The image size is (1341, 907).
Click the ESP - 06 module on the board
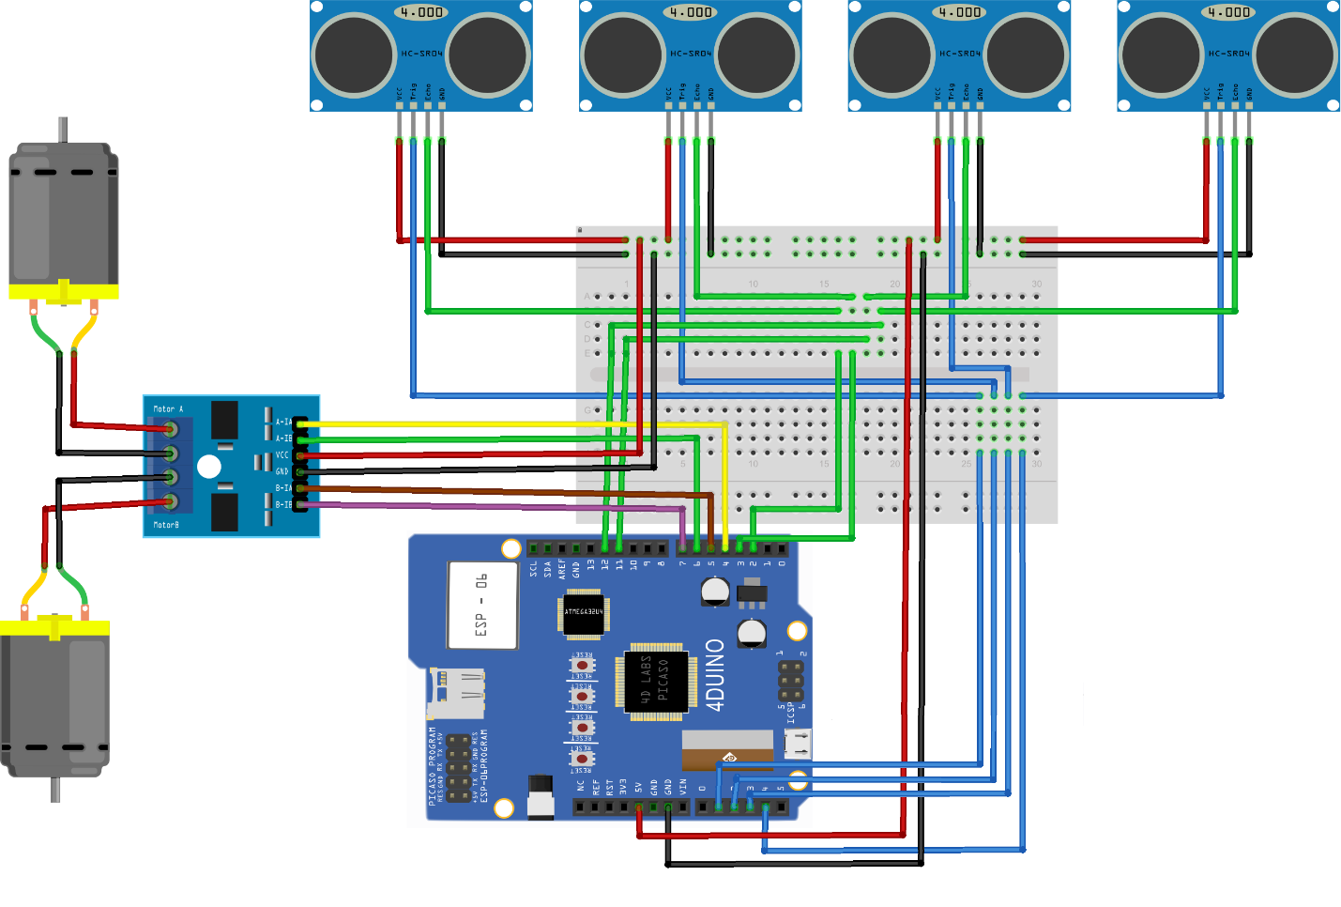click(482, 605)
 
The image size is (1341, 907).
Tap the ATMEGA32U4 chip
click(584, 614)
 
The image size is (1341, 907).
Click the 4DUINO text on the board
click(715, 674)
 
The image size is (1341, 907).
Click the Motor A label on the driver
click(168, 409)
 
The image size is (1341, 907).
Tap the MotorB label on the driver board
click(166, 525)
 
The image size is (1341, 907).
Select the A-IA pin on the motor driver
click(300, 423)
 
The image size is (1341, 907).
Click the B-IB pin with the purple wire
click(300, 505)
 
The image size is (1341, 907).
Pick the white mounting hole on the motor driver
click(209, 467)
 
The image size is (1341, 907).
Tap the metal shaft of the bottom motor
click(55, 789)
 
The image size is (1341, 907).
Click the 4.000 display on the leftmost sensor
click(421, 12)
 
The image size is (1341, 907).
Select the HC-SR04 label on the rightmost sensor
click(1228, 54)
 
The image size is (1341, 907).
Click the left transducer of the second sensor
click(622, 54)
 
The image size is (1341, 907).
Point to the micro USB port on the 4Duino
click(799, 744)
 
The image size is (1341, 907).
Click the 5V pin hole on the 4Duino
click(639, 807)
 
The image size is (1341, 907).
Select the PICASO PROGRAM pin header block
click(458, 769)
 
